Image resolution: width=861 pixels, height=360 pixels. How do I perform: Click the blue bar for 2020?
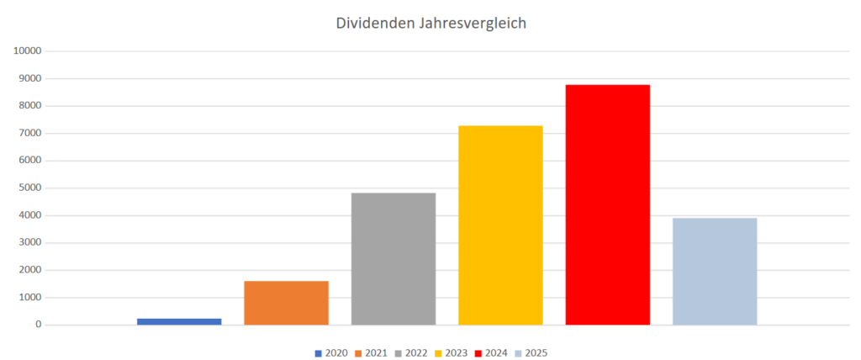point(179,321)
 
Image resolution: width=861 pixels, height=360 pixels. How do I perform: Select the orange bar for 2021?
point(286,303)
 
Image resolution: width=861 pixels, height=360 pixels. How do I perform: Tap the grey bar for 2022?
point(394,259)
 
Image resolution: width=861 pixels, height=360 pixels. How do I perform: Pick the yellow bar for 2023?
point(500,225)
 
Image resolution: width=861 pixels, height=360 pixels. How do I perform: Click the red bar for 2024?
point(607,204)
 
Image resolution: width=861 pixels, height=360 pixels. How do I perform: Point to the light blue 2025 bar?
point(715,271)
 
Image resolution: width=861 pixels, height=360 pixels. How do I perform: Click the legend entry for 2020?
point(331,353)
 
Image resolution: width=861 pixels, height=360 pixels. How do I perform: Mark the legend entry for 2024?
point(491,353)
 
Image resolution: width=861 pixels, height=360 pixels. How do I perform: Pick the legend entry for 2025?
point(531,353)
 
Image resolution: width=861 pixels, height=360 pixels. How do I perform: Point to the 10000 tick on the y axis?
point(28,51)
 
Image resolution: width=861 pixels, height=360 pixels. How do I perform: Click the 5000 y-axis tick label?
point(30,188)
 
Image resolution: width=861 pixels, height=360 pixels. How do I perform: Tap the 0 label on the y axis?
point(39,325)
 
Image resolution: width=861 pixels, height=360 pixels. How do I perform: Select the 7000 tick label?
point(30,133)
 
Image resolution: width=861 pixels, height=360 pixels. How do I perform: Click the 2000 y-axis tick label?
point(30,270)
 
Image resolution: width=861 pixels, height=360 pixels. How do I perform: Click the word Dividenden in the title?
point(373,24)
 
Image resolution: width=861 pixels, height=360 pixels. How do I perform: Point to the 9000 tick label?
point(30,78)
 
